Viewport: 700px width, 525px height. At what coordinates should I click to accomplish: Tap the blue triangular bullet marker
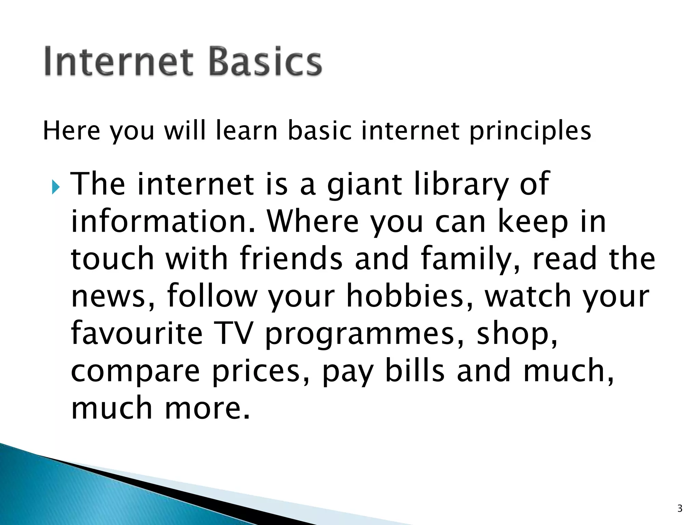[56, 187]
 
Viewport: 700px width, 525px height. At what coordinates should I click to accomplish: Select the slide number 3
[679, 509]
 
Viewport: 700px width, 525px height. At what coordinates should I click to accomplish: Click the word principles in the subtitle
[530, 132]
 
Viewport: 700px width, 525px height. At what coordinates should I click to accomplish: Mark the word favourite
[137, 333]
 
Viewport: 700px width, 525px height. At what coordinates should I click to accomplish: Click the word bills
[415, 371]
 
